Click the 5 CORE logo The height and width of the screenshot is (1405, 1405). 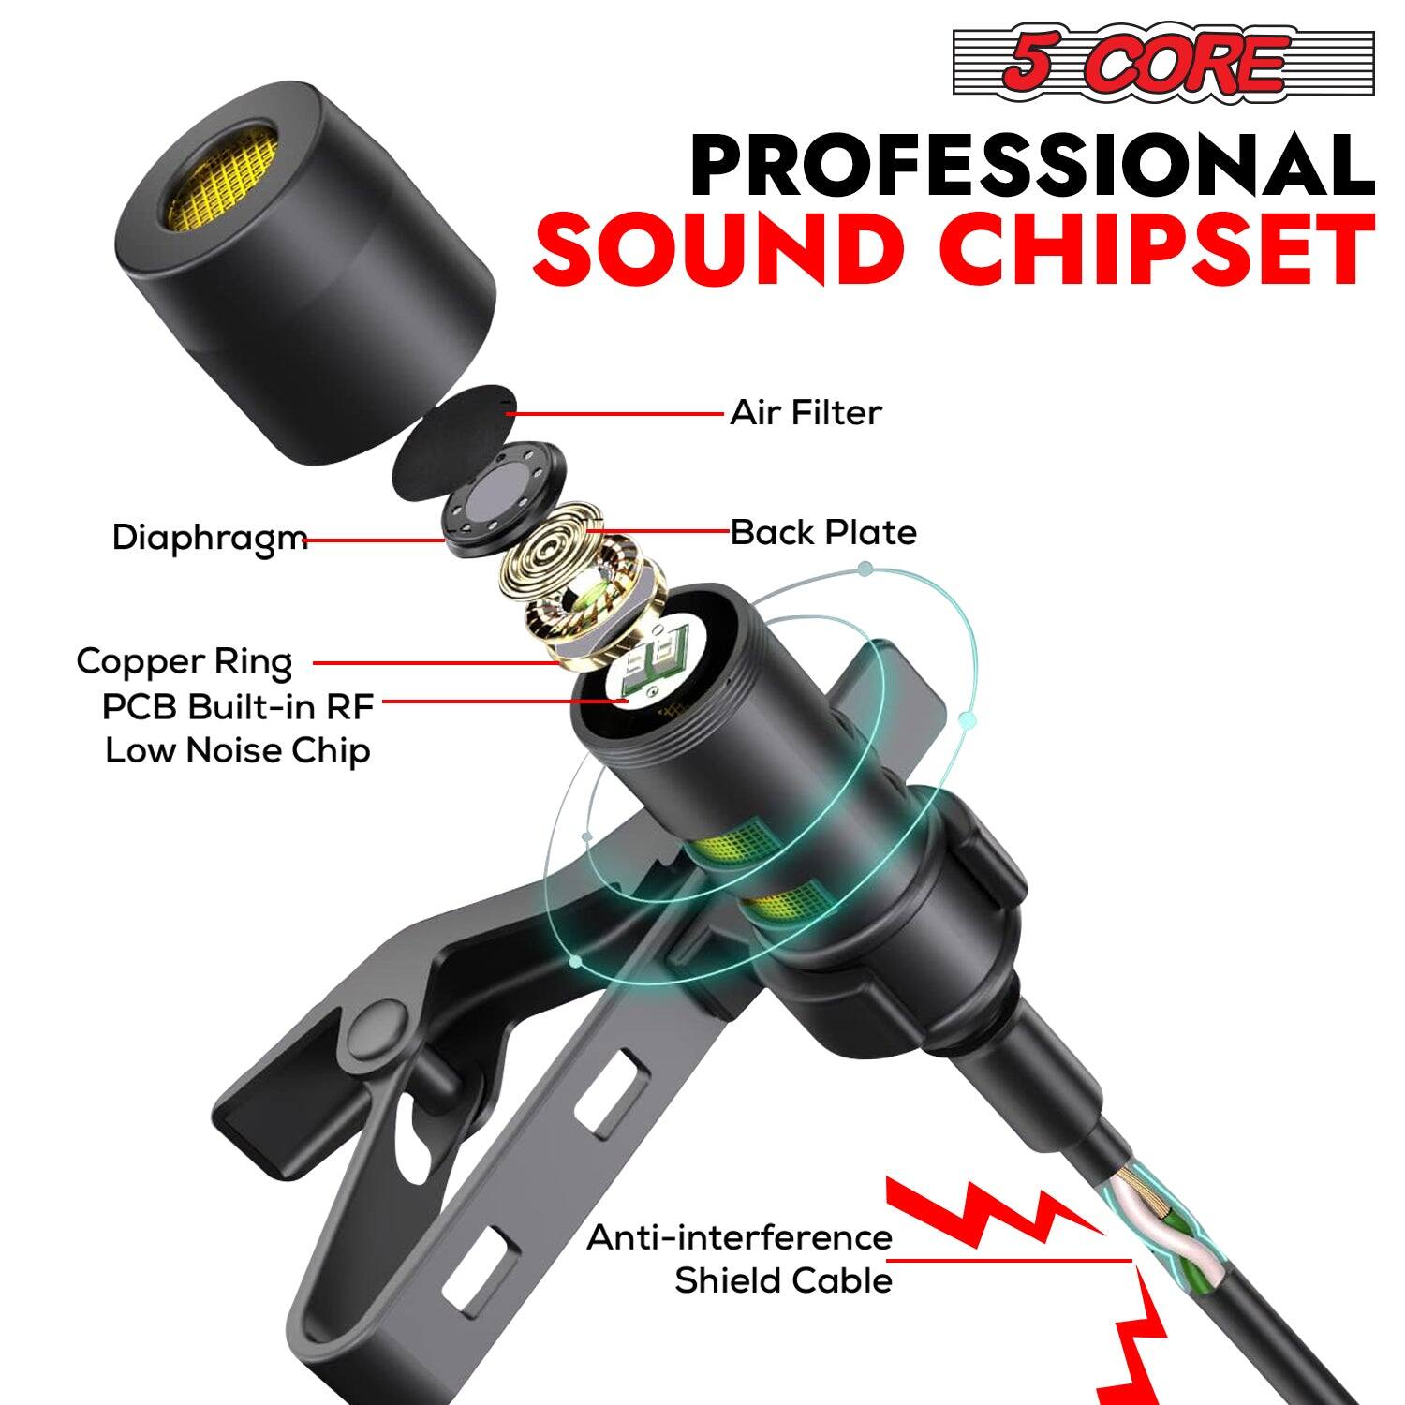[x=1162, y=63]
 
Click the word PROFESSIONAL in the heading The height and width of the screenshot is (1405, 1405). [x=1031, y=165]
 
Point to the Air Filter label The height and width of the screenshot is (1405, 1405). [x=806, y=412]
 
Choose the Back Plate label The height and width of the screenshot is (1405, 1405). [x=823, y=532]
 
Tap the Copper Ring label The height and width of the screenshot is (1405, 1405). [x=185, y=661]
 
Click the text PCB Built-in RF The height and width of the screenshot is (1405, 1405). [x=238, y=707]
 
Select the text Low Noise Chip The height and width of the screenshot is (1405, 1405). [x=238, y=750]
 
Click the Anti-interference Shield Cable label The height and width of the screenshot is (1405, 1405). [x=740, y=1259]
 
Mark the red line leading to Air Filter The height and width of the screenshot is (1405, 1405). [x=618, y=412]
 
